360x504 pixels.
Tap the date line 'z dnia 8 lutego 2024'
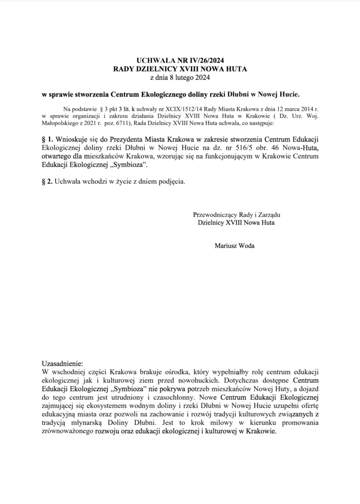coord(180,77)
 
